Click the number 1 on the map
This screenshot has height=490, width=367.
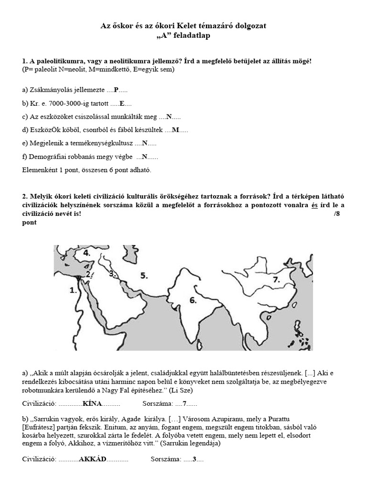73,290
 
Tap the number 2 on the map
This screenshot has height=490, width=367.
88,274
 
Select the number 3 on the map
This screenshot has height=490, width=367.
112,274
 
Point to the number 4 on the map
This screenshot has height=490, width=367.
86,253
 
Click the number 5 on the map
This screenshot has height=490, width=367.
144,275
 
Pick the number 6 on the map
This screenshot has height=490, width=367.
193,301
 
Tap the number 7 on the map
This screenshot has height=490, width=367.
276,279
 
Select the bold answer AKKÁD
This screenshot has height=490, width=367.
92,459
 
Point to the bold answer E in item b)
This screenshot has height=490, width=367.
122,103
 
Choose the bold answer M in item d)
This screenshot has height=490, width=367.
175,130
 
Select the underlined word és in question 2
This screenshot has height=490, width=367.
314,205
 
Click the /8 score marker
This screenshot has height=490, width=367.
337,213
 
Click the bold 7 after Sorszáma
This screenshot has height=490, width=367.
185,403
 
